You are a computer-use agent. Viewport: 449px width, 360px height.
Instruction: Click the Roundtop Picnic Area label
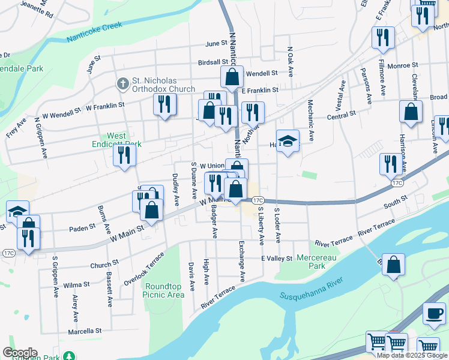point(163,290)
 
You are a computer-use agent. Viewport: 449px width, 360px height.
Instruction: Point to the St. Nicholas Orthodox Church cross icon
point(122,83)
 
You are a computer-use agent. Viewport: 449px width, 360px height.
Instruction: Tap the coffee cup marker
point(434,313)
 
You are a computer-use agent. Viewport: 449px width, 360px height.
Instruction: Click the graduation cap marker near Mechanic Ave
point(288,142)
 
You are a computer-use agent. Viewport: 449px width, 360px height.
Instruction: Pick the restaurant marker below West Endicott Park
point(124,156)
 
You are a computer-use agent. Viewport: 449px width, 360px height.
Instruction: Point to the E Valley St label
point(276,258)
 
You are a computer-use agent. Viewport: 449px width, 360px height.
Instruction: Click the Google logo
point(20,353)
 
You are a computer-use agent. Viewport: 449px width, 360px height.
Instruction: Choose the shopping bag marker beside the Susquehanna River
point(393,265)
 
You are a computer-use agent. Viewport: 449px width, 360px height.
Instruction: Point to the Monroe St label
point(402,65)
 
